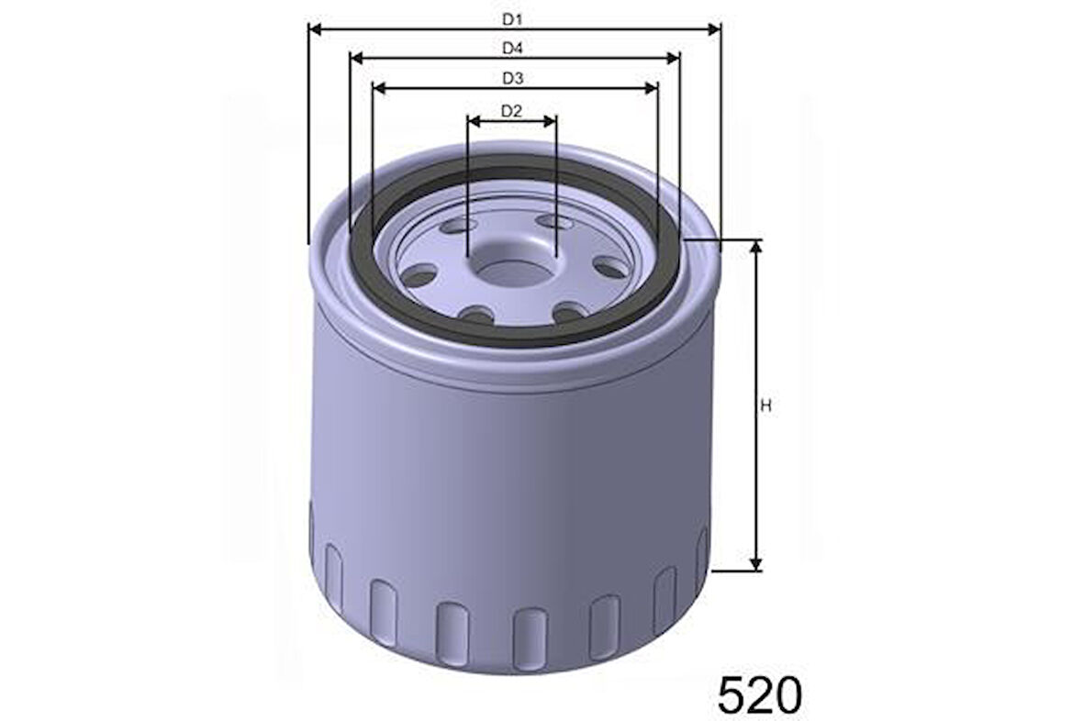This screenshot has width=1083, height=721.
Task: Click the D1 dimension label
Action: tap(512, 19)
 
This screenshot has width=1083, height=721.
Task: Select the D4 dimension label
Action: tap(512, 49)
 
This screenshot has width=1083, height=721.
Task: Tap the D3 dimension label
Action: tap(512, 79)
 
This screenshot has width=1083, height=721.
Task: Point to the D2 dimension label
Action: tap(511, 110)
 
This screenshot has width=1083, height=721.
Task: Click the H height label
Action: tap(765, 406)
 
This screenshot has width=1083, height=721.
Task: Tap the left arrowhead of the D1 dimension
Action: tap(316, 29)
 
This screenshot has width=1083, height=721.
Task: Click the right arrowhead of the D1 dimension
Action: tap(713, 29)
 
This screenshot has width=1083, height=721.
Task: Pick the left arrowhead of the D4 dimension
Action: tap(358, 59)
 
